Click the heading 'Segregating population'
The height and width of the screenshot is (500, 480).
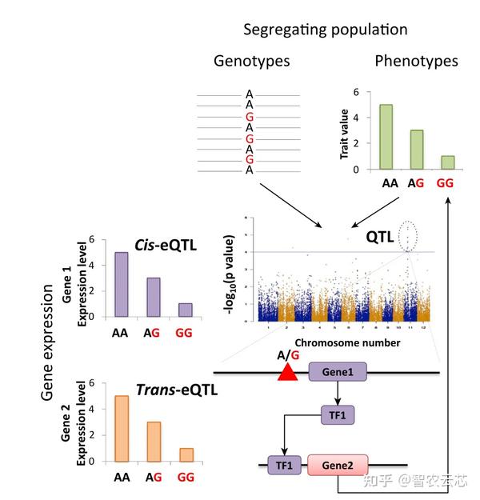[326, 30]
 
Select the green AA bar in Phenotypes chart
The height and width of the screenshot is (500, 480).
[386, 137]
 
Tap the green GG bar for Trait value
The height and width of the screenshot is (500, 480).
[447, 162]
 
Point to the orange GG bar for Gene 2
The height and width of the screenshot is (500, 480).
[185, 454]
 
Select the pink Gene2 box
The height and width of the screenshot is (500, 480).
[337, 465]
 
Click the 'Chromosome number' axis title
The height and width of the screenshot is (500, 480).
[340, 342]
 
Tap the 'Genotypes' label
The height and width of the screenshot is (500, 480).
[251, 62]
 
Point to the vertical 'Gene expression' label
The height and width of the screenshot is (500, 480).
[47, 344]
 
